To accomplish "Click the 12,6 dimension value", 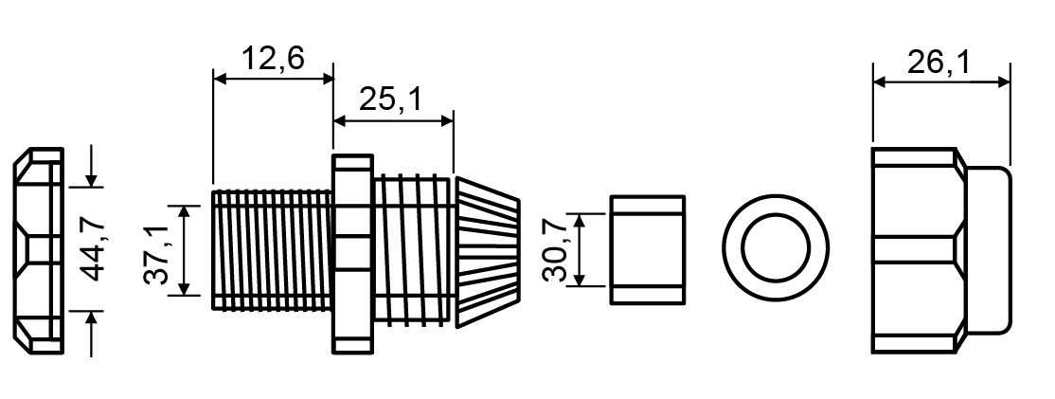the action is click(x=273, y=59).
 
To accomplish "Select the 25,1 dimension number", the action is click(x=389, y=100).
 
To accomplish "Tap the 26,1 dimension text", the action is click(x=938, y=63).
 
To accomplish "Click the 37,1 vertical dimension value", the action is click(x=156, y=249).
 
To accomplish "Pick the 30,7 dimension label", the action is click(x=557, y=249).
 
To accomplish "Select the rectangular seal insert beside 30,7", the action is click(x=647, y=249).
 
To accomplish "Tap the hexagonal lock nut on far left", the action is click(x=38, y=250).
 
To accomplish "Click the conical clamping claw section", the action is click(x=487, y=253).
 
